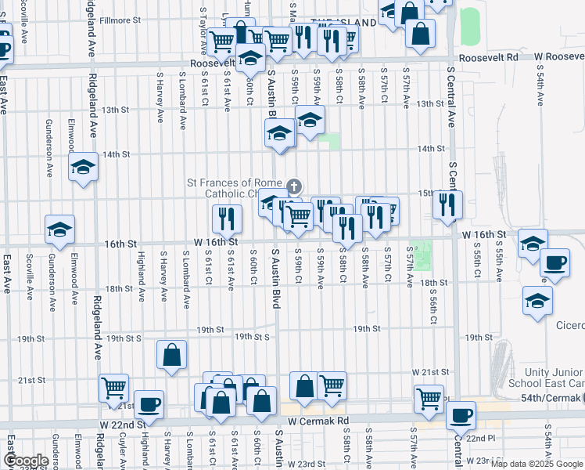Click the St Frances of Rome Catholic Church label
tap(234, 188)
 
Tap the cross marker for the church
tap(293, 186)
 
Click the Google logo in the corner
tap(25, 461)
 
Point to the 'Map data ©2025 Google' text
tap(537, 464)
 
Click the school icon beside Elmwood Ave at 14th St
tap(83, 167)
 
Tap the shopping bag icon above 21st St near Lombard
tap(171, 354)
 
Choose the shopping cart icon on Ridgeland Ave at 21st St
tap(114, 387)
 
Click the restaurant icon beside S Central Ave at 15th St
tap(447, 205)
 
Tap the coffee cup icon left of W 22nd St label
tap(149, 404)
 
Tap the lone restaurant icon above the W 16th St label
tap(227, 219)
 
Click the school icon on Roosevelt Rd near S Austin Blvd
tap(250, 59)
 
